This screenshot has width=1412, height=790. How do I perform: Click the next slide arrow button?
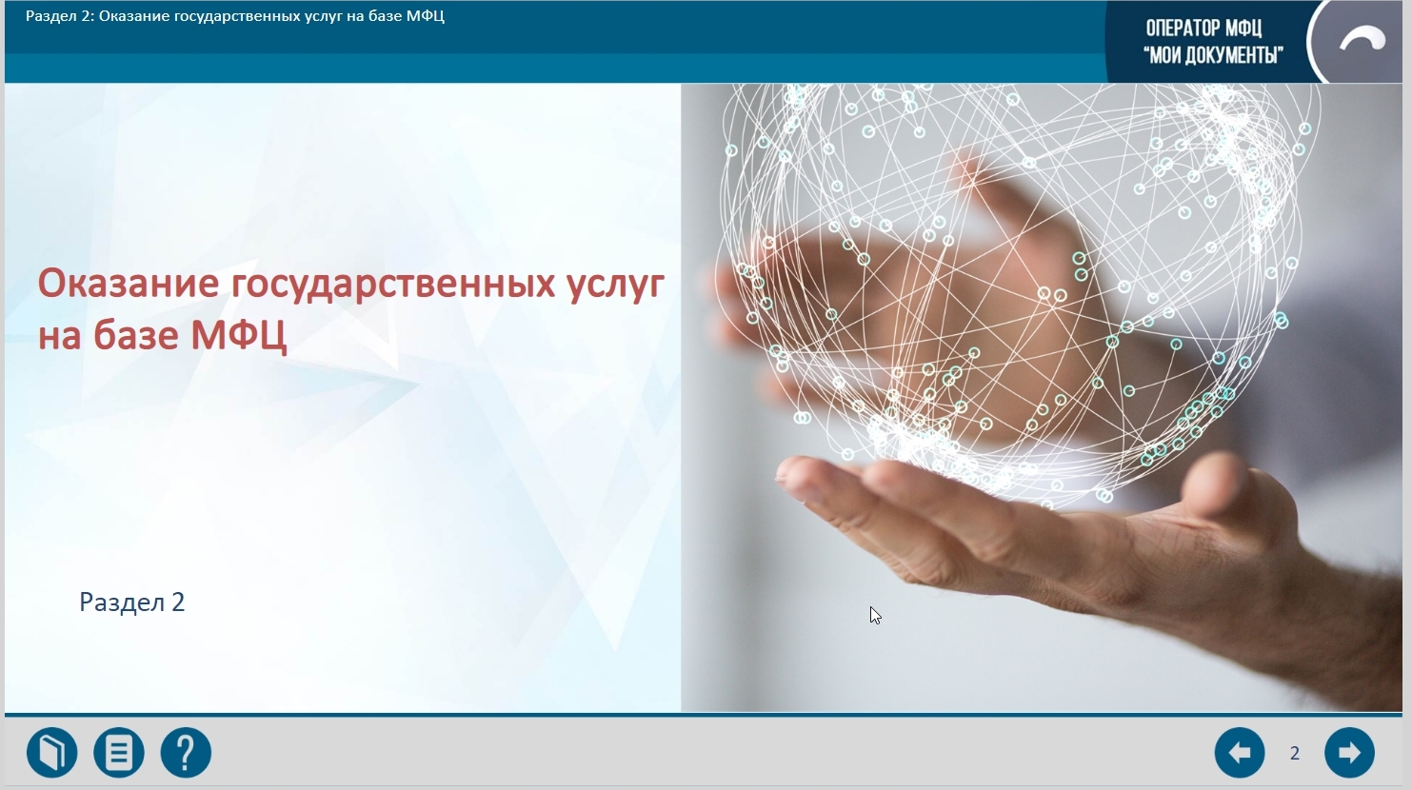[x=1349, y=752]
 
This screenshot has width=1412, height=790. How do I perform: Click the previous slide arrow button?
[x=1240, y=752]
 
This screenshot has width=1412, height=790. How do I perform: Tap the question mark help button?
[x=186, y=752]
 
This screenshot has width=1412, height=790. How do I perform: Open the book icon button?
[x=51, y=752]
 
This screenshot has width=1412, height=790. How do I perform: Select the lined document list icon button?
[x=118, y=752]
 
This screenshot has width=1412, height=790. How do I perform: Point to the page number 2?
[x=1295, y=753]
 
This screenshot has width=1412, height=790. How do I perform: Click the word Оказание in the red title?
[x=129, y=284]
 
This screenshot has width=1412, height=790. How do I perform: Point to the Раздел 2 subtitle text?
[x=131, y=602]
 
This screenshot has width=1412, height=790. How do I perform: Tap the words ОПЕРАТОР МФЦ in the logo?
[x=1203, y=29]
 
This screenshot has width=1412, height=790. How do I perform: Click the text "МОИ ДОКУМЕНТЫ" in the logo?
[x=1213, y=56]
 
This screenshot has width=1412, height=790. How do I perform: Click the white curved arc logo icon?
[x=1362, y=39]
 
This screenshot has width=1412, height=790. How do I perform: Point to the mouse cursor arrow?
[x=875, y=616]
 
